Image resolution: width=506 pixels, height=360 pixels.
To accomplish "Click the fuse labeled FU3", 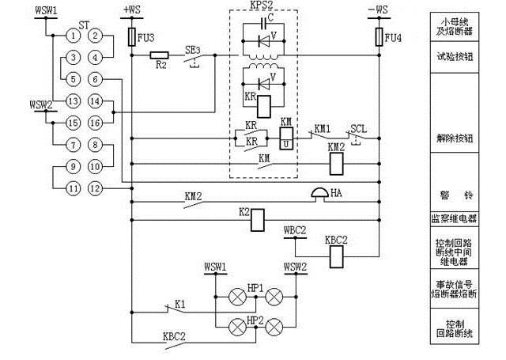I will click(133, 36).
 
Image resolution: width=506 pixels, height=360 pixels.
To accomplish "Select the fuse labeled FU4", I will click(378, 36).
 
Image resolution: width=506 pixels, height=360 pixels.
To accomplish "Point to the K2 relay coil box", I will click(257, 221).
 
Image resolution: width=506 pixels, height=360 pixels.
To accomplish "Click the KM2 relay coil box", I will click(335, 162).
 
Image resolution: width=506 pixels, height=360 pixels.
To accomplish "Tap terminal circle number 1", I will click(73, 35).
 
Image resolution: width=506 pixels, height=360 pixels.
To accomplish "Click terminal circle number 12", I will click(95, 188).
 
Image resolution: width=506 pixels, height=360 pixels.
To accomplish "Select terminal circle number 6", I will click(95, 79).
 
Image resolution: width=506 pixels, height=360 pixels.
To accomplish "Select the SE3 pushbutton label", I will click(193, 48).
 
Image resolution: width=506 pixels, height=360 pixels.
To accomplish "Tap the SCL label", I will click(358, 128).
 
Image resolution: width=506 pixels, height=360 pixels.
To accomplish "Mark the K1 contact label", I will click(180, 303).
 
